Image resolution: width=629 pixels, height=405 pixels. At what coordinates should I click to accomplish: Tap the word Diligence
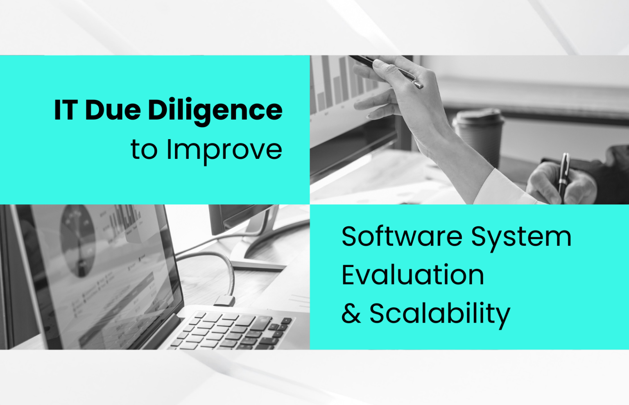(215, 112)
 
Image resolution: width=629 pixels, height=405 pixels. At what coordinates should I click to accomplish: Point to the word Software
(402, 236)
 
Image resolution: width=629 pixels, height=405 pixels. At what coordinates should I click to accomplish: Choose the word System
(521, 239)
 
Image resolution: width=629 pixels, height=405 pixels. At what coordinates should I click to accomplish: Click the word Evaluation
(413, 275)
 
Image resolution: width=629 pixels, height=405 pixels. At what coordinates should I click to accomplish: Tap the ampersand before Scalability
(351, 313)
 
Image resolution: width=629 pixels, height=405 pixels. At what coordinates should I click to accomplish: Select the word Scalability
(440, 315)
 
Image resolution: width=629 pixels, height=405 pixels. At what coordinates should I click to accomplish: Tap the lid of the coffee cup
(478, 117)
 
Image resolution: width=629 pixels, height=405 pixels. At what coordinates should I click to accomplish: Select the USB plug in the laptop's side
(224, 301)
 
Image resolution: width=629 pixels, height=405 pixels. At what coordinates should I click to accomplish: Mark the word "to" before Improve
(144, 150)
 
